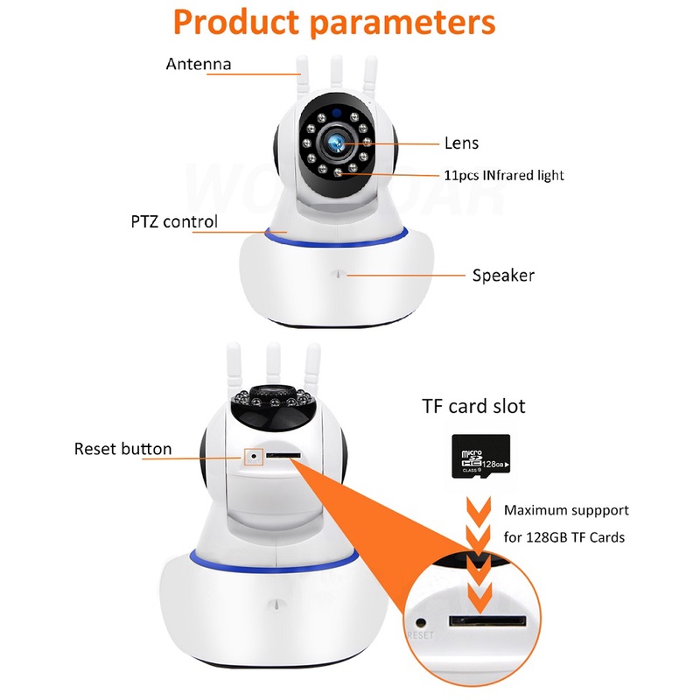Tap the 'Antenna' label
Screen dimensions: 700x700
199,64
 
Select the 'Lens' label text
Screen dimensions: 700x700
461,143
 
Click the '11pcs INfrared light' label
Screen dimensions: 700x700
503,175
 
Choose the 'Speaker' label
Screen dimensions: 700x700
503,276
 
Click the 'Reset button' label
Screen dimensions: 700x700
122,449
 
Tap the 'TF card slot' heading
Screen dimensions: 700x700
474,407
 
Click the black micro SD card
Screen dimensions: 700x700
480,456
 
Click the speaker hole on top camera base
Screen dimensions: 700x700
337,274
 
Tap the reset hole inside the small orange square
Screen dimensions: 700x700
255,456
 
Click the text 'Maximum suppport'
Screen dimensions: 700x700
566,509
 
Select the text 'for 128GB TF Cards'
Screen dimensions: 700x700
564,536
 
